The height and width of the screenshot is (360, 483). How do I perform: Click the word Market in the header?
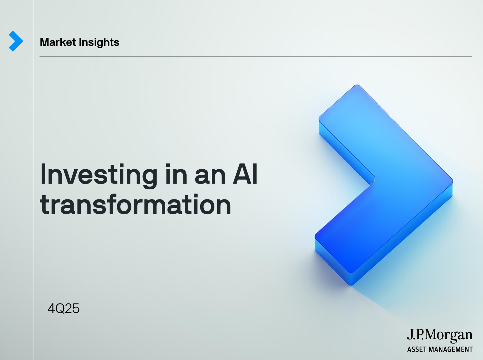click(x=58, y=42)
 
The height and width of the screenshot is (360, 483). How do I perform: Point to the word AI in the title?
click(x=245, y=174)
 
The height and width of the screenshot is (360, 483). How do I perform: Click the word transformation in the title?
click(x=135, y=205)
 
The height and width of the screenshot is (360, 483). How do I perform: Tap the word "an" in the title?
click(x=210, y=177)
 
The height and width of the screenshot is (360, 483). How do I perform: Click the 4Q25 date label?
click(x=64, y=309)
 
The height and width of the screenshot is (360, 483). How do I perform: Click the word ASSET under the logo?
click(x=416, y=349)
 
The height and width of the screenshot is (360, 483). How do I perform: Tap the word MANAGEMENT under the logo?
click(x=450, y=349)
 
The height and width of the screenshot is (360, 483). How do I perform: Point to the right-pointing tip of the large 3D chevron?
click(x=453, y=182)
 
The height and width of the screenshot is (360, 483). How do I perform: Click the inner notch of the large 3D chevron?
click(x=374, y=180)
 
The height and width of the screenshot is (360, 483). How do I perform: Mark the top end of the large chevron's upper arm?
click(x=357, y=85)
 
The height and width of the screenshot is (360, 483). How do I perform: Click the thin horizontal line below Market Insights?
click(x=256, y=57)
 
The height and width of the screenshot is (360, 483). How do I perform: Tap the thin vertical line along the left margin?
click(x=33, y=180)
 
